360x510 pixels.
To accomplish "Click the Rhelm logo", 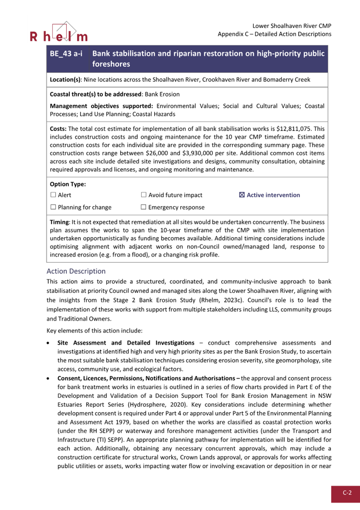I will (58, 33).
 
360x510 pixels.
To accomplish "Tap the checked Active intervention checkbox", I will (241, 195).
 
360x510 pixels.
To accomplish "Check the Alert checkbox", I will (53, 195).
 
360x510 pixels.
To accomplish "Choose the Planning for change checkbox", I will (53, 208).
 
